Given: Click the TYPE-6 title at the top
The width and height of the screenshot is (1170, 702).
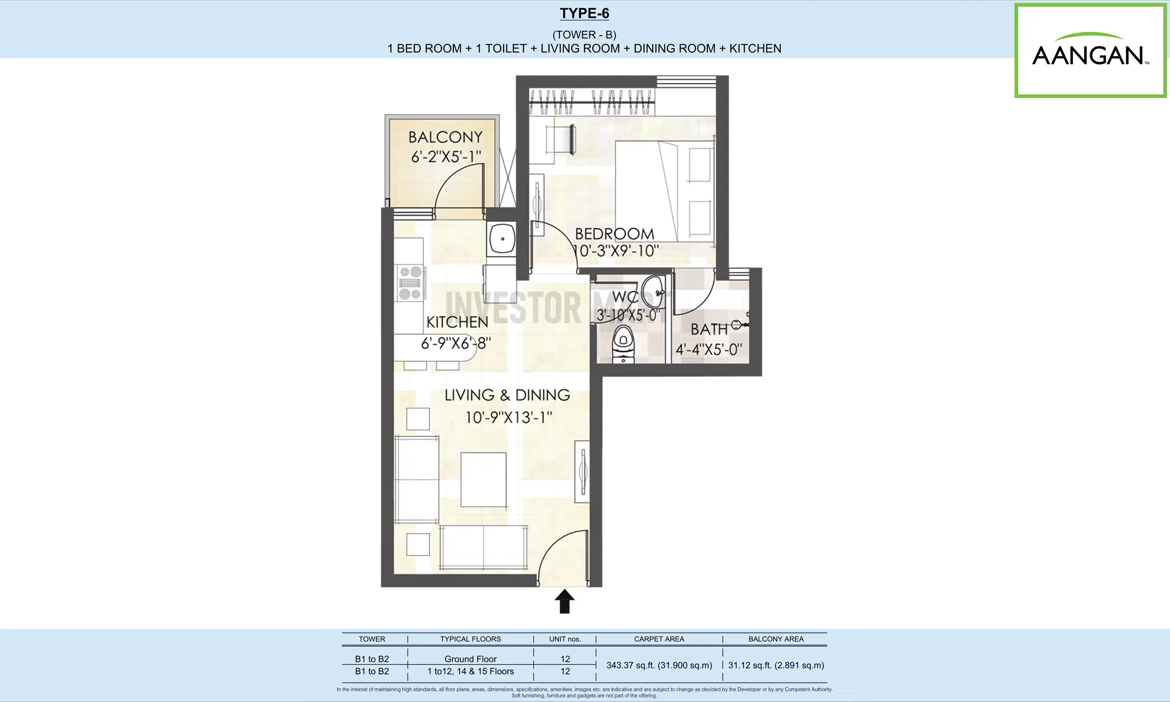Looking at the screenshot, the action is (x=585, y=14).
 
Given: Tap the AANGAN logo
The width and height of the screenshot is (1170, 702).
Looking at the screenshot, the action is (x=1091, y=51).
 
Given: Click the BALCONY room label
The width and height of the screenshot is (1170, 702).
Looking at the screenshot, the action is (x=446, y=137).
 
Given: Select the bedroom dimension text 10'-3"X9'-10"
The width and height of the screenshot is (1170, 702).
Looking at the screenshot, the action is (x=616, y=251).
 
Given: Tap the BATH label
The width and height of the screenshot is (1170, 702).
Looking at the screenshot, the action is (x=709, y=330).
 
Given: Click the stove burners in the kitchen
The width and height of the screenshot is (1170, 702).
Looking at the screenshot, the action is (x=410, y=283).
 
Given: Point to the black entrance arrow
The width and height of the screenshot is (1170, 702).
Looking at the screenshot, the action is (x=565, y=601).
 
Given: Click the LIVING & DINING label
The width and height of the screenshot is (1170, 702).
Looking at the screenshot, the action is (x=507, y=395).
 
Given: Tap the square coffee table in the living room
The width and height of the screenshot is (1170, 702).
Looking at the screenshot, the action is (x=484, y=480).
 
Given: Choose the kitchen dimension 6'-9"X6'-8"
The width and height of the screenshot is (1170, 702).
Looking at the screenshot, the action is (x=456, y=343).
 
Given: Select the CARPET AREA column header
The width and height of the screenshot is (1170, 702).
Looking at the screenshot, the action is (x=659, y=639).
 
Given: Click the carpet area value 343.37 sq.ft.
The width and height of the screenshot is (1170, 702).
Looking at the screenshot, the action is (x=659, y=665).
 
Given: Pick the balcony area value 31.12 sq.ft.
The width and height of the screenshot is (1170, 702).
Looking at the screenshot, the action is (x=776, y=665).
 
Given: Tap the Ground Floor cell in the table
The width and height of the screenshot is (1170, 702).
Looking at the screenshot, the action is (x=470, y=659).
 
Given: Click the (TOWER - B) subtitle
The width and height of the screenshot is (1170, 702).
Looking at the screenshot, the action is (x=584, y=35).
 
